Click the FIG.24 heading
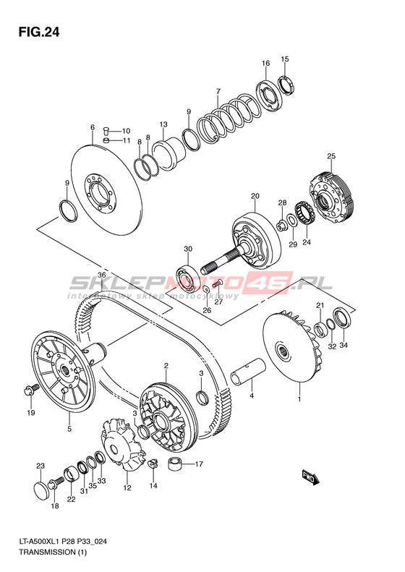38,33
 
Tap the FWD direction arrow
310,478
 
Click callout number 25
331,156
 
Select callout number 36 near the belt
102,275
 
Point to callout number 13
163,124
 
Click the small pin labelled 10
106,129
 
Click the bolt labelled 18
56,483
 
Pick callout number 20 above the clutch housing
255,196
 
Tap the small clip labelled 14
152,463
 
